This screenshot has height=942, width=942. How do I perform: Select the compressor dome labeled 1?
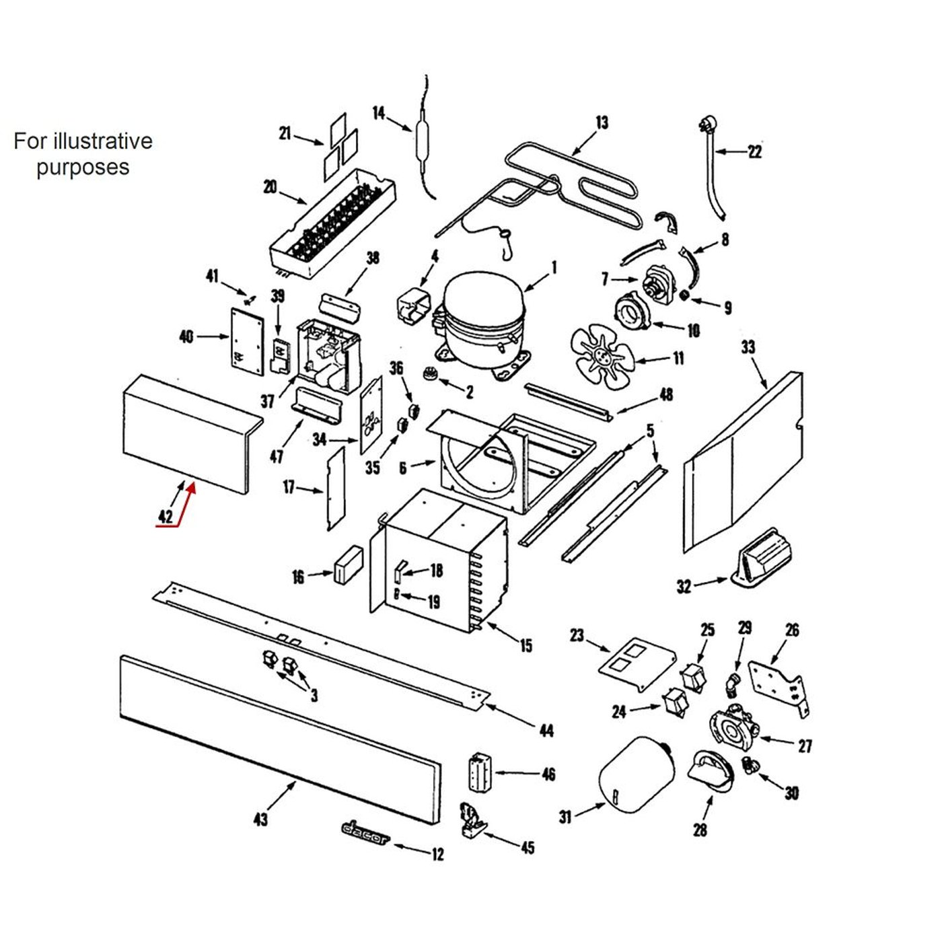(x=483, y=303)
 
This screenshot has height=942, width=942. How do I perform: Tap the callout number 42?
(x=166, y=516)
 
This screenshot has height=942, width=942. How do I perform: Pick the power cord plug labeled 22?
(x=706, y=126)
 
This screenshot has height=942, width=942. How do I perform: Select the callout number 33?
(x=748, y=347)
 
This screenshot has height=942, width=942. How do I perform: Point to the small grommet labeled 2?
(x=429, y=373)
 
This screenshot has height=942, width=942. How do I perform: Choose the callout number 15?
(x=526, y=646)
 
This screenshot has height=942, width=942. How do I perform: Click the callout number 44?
(x=546, y=730)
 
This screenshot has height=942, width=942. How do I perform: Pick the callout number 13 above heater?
(x=602, y=122)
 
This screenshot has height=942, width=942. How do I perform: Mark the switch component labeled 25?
(x=693, y=677)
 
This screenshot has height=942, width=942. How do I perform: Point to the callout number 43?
(x=260, y=819)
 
